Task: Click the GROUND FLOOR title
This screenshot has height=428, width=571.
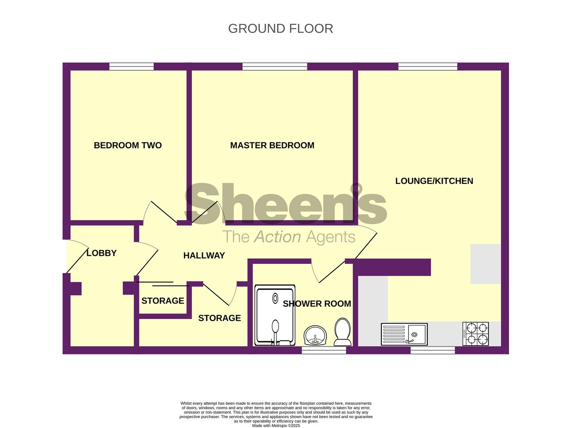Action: tap(281, 29)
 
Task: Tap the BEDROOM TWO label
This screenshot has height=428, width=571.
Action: tap(128, 145)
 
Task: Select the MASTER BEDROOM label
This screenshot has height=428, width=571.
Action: tap(272, 145)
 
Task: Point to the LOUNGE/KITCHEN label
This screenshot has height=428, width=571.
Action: tap(434, 181)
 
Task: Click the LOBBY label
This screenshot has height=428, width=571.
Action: tap(101, 253)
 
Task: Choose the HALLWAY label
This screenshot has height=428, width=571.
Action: tap(204, 256)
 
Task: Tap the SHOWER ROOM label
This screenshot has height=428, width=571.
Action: tap(317, 304)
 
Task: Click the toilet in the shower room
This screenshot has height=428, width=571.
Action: tap(343, 332)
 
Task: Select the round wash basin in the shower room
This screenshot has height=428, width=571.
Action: tap(315, 336)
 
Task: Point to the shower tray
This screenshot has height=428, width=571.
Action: tap(275, 315)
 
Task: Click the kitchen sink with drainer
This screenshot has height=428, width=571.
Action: tap(404, 334)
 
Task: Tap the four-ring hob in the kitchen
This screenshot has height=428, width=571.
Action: tap(476, 334)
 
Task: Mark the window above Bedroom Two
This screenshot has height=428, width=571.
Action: tap(132, 67)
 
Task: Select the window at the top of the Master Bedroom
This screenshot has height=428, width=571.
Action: tap(275, 67)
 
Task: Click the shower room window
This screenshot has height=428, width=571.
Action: tap(324, 350)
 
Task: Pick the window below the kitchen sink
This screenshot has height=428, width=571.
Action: tap(433, 350)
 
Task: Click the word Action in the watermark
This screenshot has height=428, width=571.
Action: tap(277, 237)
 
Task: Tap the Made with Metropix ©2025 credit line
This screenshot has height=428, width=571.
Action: tap(276, 426)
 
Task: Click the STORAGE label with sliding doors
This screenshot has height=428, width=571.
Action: tap(162, 301)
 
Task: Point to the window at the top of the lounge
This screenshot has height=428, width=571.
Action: tap(428, 67)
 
